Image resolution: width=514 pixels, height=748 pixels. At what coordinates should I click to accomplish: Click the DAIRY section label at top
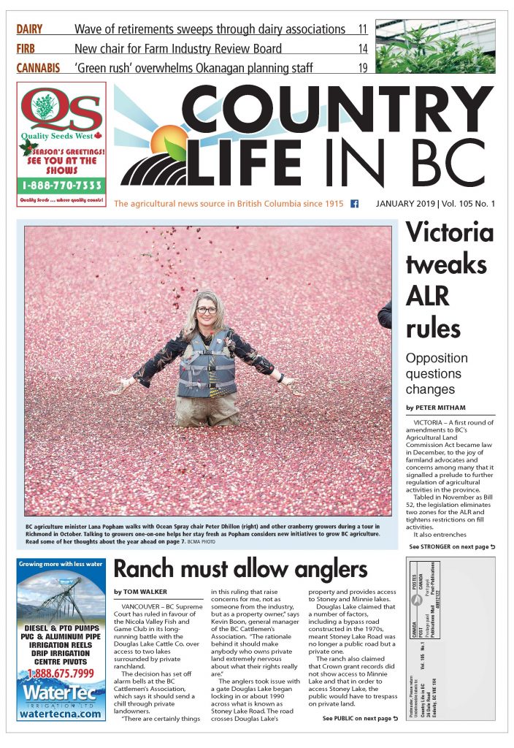(x=29, y=30)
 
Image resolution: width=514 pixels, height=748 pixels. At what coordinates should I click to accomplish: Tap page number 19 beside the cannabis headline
(x=362, y=69)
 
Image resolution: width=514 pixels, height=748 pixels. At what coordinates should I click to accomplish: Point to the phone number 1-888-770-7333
(x=61, y=186)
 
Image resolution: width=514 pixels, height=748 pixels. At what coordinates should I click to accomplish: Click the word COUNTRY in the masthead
(x=336, y=110)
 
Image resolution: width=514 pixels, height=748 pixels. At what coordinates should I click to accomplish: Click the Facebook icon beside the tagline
(x=354, y=204)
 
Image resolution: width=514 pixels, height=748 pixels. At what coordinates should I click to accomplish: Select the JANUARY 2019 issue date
(x=412, y=204)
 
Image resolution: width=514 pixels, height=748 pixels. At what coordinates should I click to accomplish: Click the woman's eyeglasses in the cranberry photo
(x=206, y=310)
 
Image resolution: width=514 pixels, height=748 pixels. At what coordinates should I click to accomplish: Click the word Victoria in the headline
(x=449, y=233)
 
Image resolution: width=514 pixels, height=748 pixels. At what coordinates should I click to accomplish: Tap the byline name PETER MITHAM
(x=445, y=406)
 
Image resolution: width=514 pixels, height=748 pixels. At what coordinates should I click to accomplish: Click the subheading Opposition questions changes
(x=437, y=373)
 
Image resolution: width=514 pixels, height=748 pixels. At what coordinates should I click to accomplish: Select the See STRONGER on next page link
(x=451, y=546)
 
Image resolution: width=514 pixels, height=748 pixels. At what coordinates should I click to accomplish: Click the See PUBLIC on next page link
(x=360, y=719)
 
